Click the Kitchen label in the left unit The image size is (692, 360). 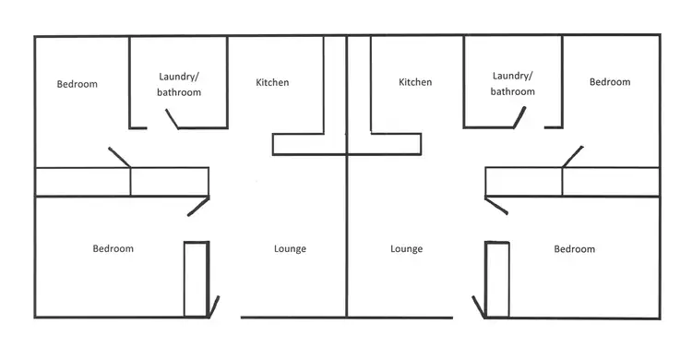click(272, 83)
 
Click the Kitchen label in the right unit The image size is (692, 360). click(415, 83)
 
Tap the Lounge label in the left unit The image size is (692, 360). click(290, 249)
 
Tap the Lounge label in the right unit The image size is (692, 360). click(406, 249)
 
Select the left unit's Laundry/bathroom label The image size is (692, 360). click(180, 84)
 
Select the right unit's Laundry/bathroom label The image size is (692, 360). click(513, 84)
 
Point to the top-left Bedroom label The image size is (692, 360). click(78, 84)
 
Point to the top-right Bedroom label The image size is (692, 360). click(610, 82)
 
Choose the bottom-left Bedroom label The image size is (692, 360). click(113, 249)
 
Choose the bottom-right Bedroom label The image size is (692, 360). click(574, 249)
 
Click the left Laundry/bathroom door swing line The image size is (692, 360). click(172, 119)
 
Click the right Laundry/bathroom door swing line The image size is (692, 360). click(520, 117)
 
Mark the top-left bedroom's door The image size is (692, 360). click(119, 157)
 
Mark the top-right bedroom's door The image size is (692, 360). click(572, 156)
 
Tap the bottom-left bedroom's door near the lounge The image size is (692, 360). click(198, 206)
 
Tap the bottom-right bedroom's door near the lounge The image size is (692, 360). click(496, 205)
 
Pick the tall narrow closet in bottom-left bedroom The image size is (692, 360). click(196, 280)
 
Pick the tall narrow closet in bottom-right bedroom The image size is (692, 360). click(496, 280)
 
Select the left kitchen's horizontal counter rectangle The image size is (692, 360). click(297, 144)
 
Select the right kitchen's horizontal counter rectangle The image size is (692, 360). click(396, 144)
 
